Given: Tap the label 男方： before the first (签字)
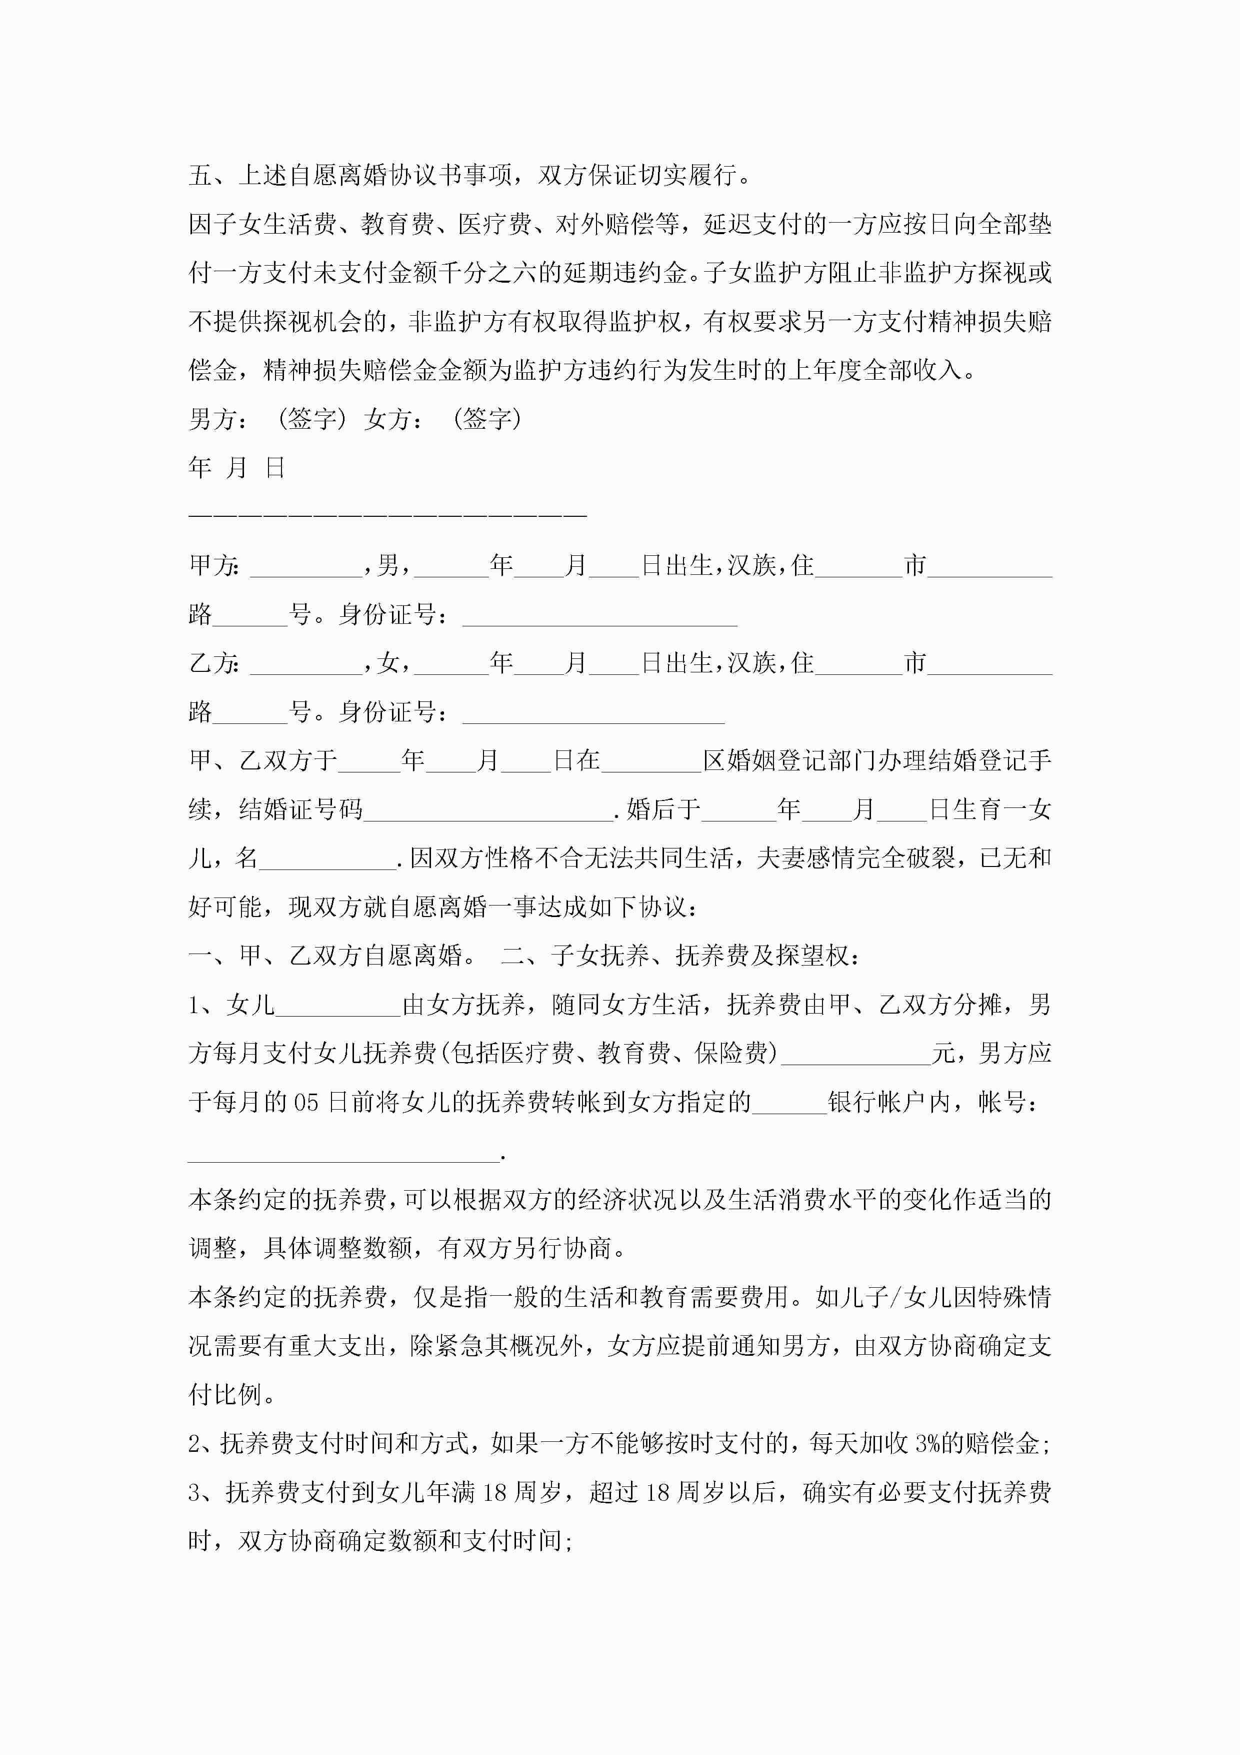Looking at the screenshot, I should (x=217, y=419).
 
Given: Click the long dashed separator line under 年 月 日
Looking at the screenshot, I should (x=387, y=514).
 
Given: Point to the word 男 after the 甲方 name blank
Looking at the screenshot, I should (x=387, y=566).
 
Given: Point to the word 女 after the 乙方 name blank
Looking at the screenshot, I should (x=387, y=663).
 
